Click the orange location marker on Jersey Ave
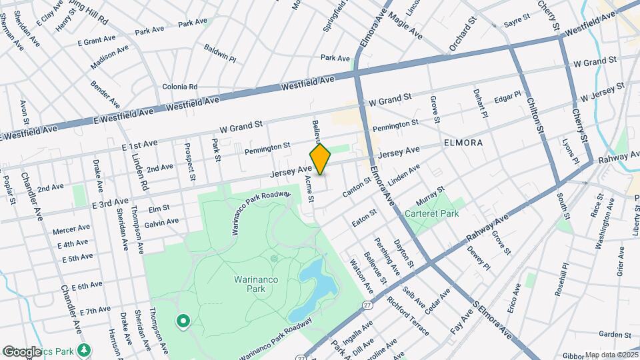coord(321,159)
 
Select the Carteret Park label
coord(431,215)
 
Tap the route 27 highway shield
coord(367,305)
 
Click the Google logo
coord(21,351)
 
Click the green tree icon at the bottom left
coord(84,349)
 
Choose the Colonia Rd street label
coord(180,87)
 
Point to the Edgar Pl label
coord(507,99)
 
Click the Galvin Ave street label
coord(161,221)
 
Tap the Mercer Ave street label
coord(71,231)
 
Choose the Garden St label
coord(614,334)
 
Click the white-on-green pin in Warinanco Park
coord(183,321)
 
